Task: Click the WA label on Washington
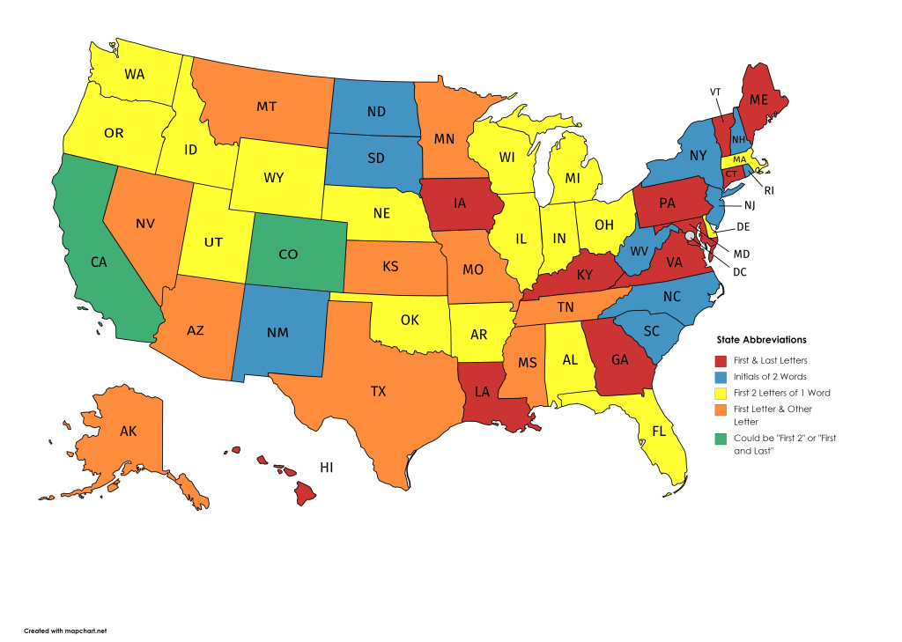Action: pos(135,74)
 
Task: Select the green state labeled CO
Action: pos(288,254)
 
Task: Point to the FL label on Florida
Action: pos(634,432)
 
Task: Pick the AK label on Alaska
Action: pos(128,432)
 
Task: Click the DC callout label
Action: pos(739,271)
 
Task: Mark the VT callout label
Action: pos(715,92)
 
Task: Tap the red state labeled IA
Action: pos(461,203)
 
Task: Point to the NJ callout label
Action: pos(749,206)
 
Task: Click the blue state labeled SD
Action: pos(375,159)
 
